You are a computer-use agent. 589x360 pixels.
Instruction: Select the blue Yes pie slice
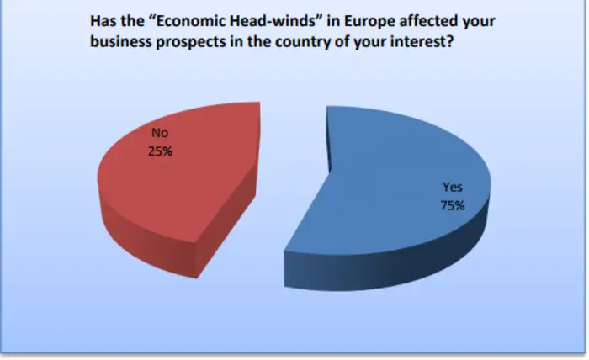pyautogui.click(x=390, y=188)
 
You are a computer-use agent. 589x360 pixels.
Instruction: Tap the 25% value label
pyautogui.click(x=160, y=151)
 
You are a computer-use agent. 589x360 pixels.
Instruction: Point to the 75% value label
pyautogui.click(x=453, y=206)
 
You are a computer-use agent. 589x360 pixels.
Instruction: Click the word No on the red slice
pyautogui.click(x=160, y=133)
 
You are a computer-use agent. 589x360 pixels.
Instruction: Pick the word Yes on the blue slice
pyautogui.click(x=453, y=187)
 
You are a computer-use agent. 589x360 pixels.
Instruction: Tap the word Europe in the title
pyautogui.click(x=369, y=22)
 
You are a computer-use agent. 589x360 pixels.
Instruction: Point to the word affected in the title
pyautogui.click(x=428, y=21)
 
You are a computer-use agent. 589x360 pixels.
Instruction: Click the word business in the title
pyautogui.click(x=120, y=42)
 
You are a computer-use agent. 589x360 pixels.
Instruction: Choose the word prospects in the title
pyautogui.click(x=190, y=42)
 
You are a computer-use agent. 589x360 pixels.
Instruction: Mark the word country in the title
pyautogui.click(x=302, y=42)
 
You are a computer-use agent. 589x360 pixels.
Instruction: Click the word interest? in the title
pyautogui.click(x=422, y=42)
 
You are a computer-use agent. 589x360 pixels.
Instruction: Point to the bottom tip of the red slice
pyautogui.click(x=196, y=278)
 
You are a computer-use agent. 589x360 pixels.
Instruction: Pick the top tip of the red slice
pyautogui.click(x=259, y=103)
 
